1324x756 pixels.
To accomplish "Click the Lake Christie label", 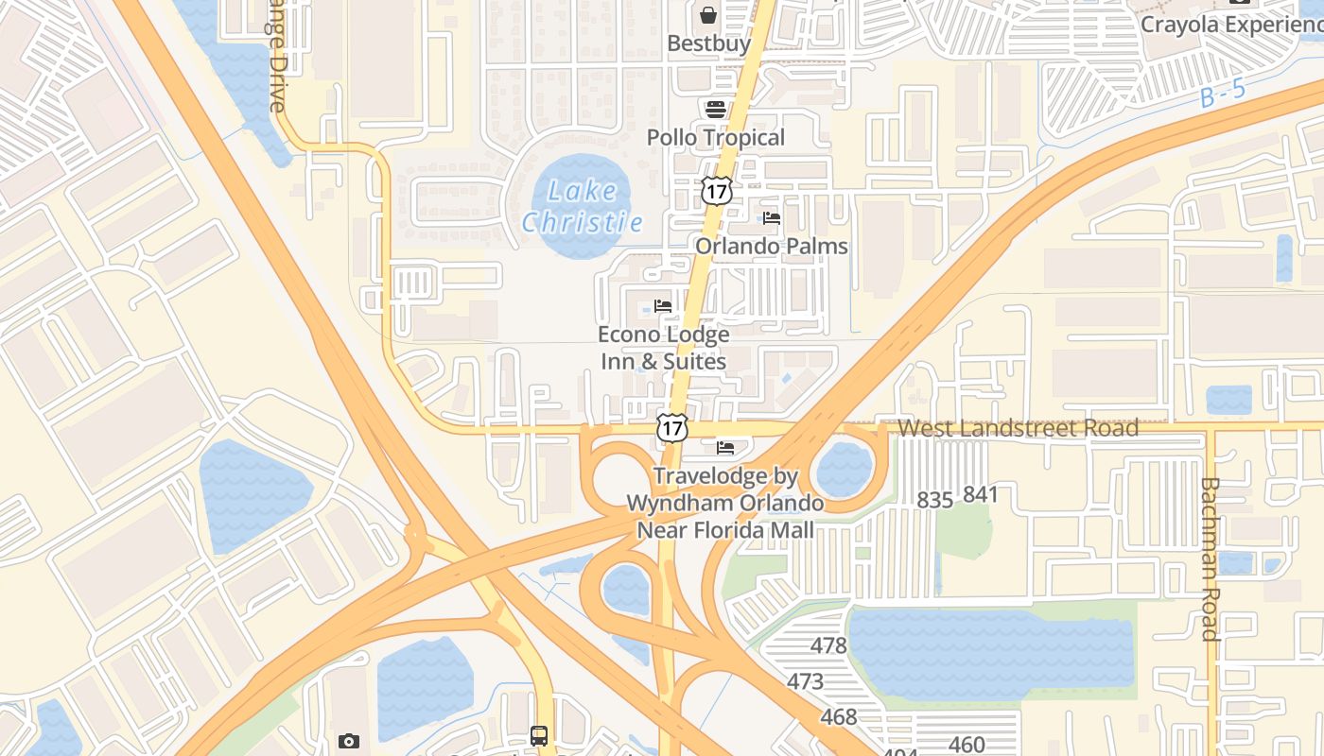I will click(x=582, y=206).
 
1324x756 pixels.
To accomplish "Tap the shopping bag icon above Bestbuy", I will click(x=707, y=15).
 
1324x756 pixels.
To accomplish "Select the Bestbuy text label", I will click(x=708, y=43).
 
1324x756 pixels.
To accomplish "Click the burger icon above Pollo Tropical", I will click(x=715, y=109).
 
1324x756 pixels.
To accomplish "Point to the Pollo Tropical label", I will click(x=715, y=138).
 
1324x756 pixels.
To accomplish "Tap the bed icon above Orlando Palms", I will click(x=772, y=218).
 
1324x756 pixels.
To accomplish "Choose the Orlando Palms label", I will click(x=772, y=247).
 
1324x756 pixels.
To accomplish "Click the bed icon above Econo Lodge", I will click(x=663, y=306).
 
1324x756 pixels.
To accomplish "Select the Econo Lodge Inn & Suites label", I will click(x=664, y=348).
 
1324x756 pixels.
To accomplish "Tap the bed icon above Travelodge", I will click(x=725, y=447).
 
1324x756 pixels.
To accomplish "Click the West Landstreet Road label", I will click(x=1018, y=428).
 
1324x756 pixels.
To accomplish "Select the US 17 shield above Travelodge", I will click(x=672, y=427).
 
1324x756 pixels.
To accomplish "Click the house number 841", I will click(x=981, y=494).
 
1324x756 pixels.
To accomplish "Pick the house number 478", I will click(x=828, y=646).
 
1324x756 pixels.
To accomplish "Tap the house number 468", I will click(x=838, y=717).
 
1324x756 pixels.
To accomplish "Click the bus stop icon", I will click(x=539, y=735).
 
